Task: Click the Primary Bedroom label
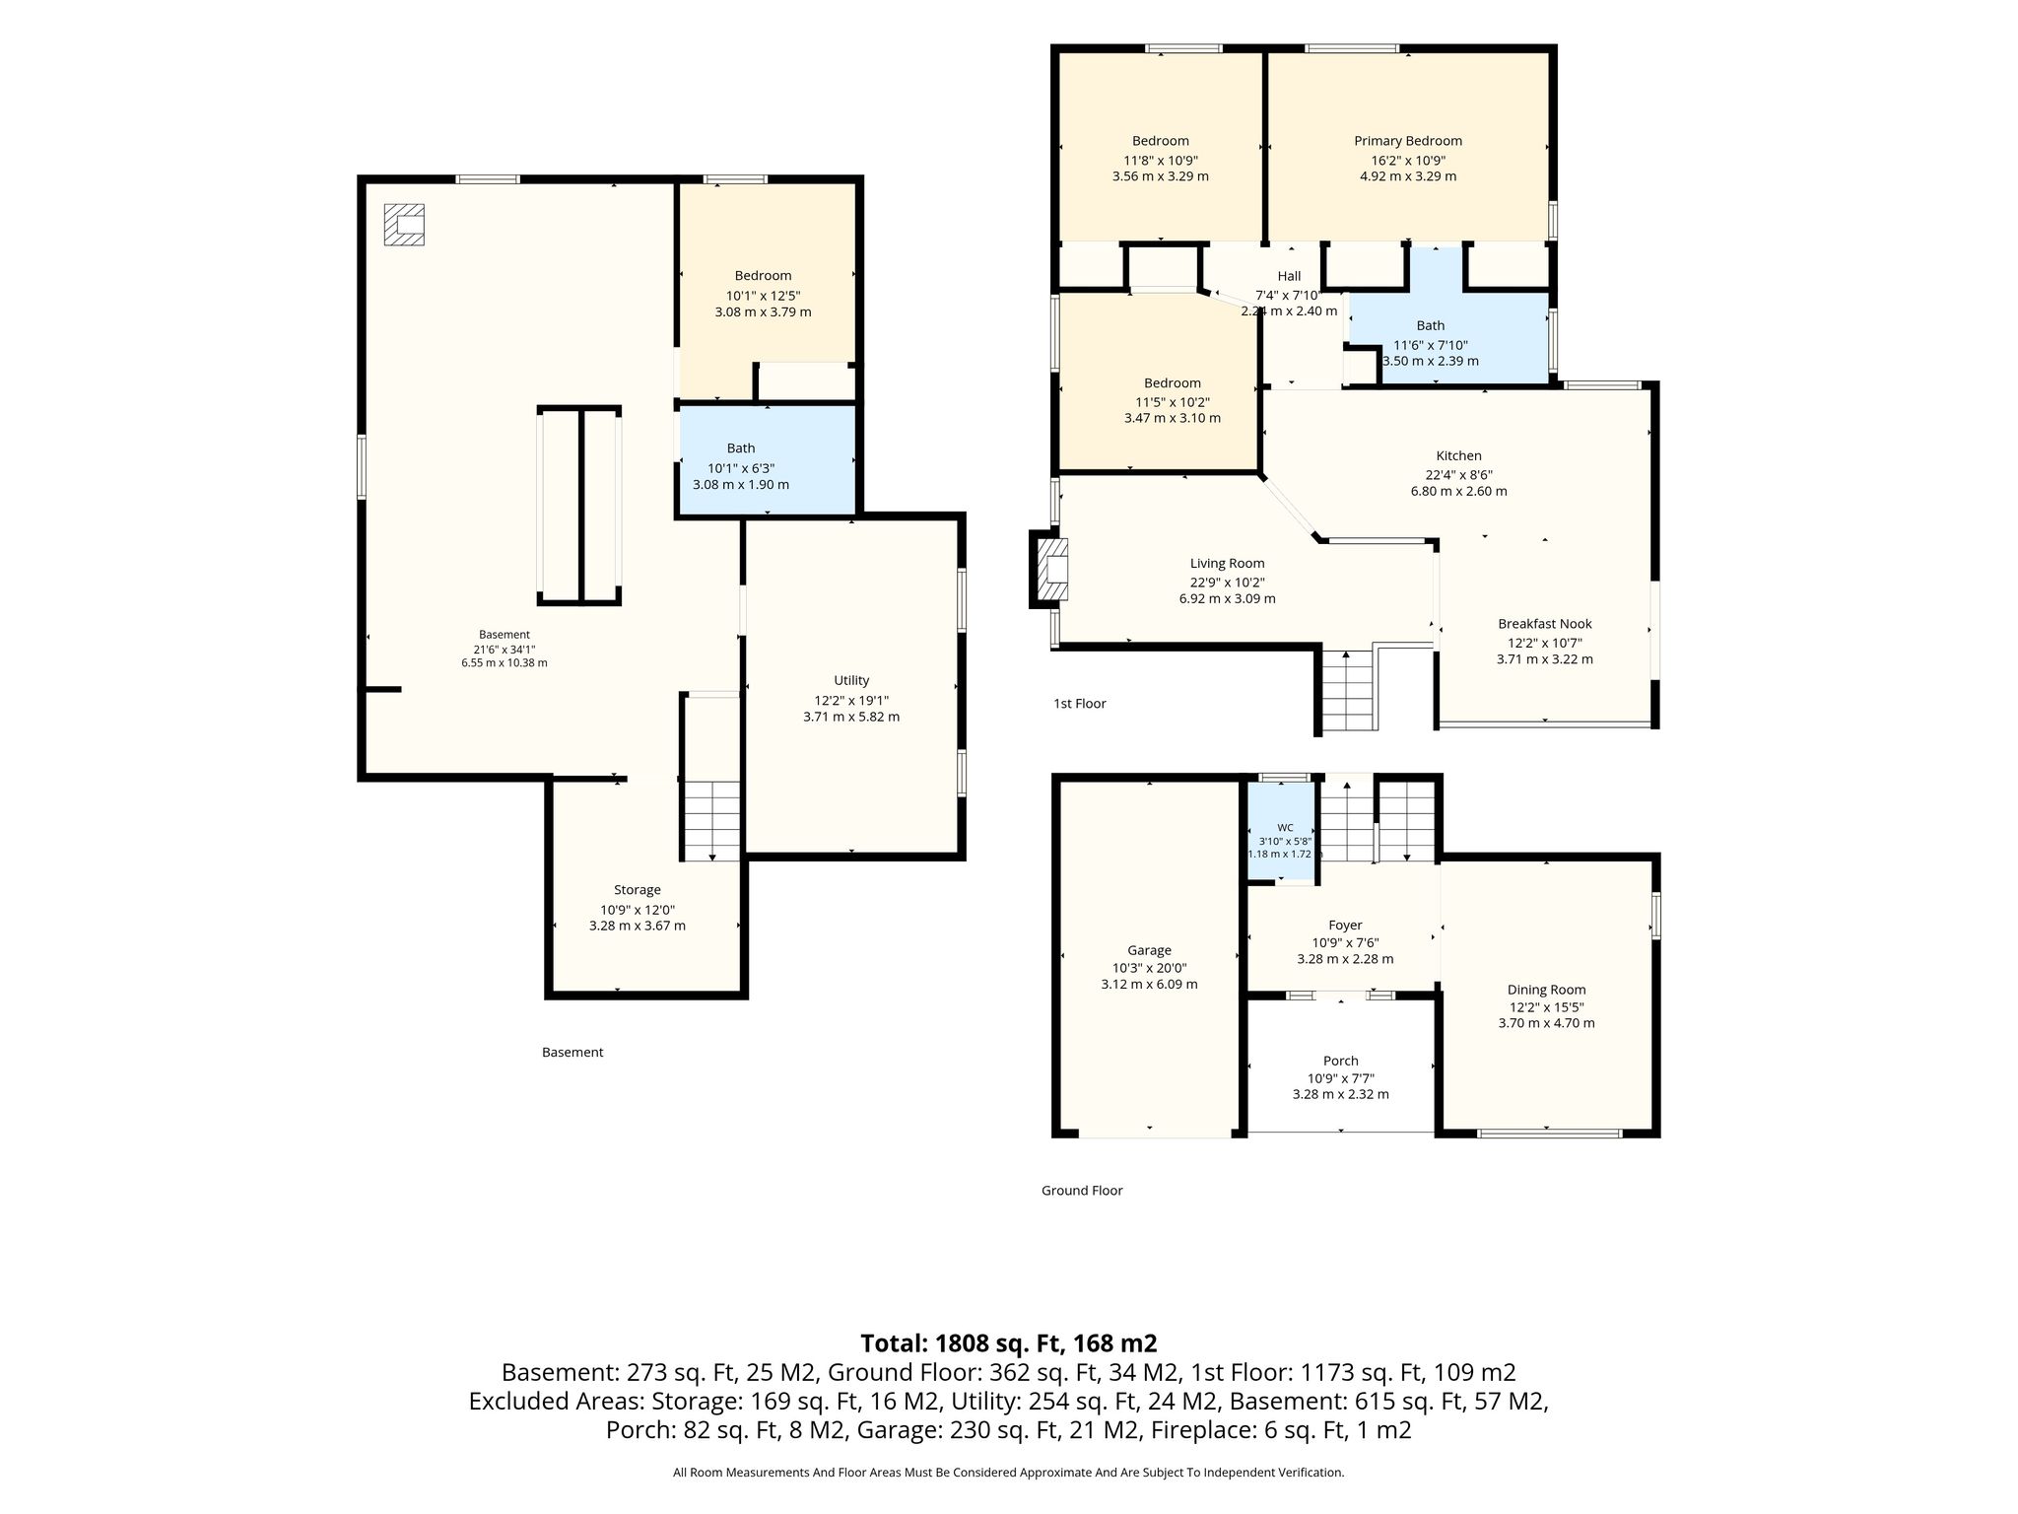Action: [x=1408, y=141]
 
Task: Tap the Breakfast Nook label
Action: [x=1544, y=624]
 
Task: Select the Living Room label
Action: [x=1227, y=564]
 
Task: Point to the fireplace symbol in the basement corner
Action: [x=404, y=224]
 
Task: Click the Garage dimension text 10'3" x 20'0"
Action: [x=1149, y=968]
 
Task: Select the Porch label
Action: [x=1340, y=1062]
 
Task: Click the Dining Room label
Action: [x=1546, y=991]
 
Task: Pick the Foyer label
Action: [x=1345, y=926]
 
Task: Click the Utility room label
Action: [x=851, y=681]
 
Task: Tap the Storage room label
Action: [x=638, y=890]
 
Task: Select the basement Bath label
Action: [x=741, y=448]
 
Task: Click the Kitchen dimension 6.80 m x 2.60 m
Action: [x=1458, y=491]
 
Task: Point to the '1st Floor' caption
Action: [x=1080, y=704]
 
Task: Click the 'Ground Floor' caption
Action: [x=1082, y=1191]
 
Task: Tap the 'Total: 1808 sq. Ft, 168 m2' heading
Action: [x=1008, y=1343]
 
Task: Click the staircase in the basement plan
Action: [x=711, y=820]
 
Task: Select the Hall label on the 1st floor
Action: [x=1289, y=277]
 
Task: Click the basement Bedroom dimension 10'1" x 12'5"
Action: [x=763, y=296]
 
